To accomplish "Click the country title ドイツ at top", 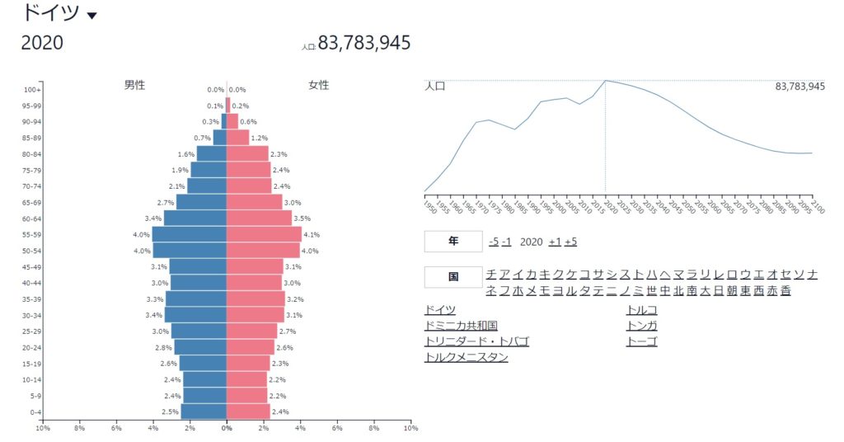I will pos(50,12).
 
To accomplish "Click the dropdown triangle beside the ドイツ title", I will pos(91,16).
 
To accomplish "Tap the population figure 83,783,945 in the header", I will pos(363,43).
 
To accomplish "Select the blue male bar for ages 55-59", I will pos(189,234).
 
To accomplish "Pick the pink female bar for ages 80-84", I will pos(247,153).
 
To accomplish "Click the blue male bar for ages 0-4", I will pos(204,411).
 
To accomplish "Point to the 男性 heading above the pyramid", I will pos(134,85).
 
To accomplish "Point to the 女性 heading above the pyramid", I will pos(318,85).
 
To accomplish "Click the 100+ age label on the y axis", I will pos(32,90).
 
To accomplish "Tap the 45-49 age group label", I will pos(31,266).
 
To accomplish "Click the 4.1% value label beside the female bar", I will pos(312,234).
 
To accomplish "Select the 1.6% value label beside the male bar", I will pos(185,154).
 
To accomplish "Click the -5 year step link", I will pos(493,242).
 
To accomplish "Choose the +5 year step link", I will pos(570,242).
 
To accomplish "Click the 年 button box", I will pos(452,242).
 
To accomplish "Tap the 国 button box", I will pos(452,277).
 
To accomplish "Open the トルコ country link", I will pos(642,310).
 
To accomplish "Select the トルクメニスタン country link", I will pos(466,357).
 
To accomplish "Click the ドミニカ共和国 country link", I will pos(461,326).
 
